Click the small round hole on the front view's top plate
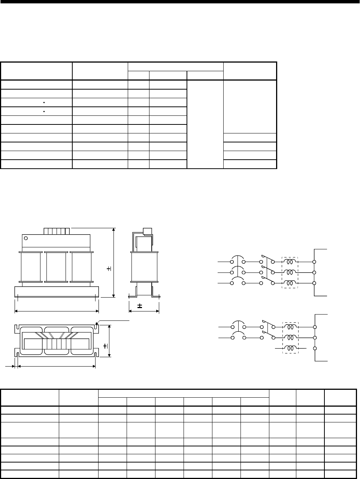click(x=26, y=238)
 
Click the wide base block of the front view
click(x=56, y=292)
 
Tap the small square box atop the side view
click(x=147, y=231)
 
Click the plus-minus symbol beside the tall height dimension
click(x=109, y=269)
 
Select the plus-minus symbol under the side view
click(x=140, y=306)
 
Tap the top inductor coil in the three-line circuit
click(x=290, y=261)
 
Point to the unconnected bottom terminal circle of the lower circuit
click(x=315, y=348)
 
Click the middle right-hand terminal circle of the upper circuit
click(x=315, y=272)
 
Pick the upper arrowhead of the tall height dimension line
click(x=113, y=229)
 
